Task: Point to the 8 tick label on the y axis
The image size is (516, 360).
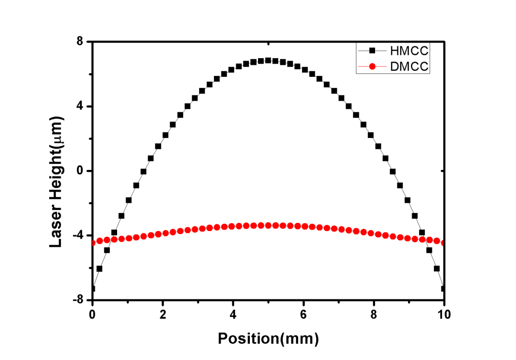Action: click(81, 42)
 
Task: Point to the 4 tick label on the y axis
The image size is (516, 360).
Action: click(81, 106)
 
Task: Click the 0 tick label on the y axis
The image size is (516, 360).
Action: click(81, 171)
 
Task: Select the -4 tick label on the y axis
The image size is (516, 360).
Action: click(79, 235)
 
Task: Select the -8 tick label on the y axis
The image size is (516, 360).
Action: click(79, 300)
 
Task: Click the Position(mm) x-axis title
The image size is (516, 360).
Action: click(268, 339)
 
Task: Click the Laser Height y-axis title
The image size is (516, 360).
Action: click(57, 182)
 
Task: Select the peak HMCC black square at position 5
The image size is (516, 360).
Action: click(268, 60)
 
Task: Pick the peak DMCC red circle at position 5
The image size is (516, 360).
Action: click(268, 225)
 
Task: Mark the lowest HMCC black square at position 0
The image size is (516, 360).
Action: click(93, 288)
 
